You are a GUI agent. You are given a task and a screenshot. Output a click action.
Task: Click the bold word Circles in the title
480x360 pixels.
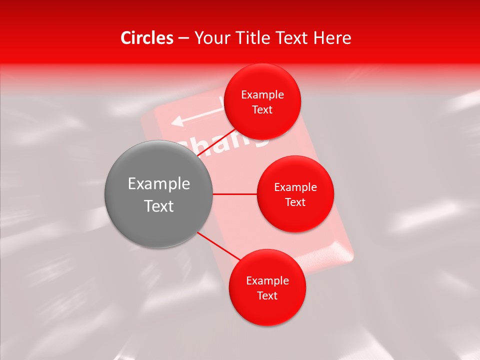click(x=147, y=38)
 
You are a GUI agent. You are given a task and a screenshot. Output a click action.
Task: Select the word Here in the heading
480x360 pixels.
click(x=333, y=38)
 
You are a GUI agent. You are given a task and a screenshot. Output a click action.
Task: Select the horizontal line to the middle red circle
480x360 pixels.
click(x=234, y=194)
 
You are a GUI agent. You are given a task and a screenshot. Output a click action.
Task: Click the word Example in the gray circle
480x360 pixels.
click(x=159, y=184)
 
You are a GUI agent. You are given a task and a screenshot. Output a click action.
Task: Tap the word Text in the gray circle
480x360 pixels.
click(x=159, y=206)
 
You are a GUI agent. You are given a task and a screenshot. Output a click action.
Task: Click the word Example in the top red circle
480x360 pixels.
click(x=262, y=95)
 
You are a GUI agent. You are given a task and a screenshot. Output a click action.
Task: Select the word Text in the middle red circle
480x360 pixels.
click(x=295, y=202)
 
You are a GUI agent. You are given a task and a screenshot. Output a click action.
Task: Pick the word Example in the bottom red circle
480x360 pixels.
click(x=267, y=281)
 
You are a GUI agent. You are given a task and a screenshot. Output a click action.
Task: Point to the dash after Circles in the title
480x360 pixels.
click(x=183, y=38)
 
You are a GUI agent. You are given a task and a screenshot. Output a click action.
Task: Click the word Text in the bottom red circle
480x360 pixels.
click(x=267, y=295)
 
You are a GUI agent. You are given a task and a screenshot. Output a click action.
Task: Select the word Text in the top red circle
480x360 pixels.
click(x=262, y=109)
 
